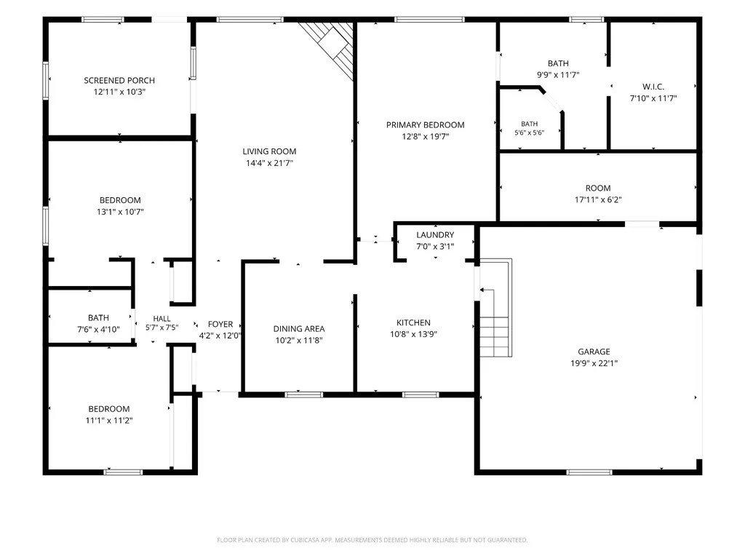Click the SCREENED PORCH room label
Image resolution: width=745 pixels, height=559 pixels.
pos(119,80)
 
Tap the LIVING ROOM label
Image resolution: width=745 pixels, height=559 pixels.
pos(269,151)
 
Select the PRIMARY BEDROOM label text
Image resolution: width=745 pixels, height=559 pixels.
pos(425,125)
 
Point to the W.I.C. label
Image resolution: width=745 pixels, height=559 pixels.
pos(653,87)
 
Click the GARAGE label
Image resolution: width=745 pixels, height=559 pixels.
pos(594,352)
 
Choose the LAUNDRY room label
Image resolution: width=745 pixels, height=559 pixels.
pos(435,235)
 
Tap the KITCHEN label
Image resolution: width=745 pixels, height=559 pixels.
pos(413,322)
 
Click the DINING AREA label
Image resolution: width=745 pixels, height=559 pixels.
pos(299,328)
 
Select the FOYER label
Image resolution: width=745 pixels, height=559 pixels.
pos(220,324)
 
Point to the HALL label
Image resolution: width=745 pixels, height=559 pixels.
pos(162,319)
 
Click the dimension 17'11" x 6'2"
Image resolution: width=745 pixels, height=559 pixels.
pos(598,199)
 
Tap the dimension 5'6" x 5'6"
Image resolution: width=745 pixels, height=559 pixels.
pos(530,132)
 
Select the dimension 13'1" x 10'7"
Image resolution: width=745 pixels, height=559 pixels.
pos(120,212)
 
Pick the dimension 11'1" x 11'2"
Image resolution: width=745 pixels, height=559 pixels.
pos(109,421)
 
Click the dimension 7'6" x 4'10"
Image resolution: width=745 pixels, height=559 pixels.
pos(98,330)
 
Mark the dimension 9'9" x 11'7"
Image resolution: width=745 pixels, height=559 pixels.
pos(558,75)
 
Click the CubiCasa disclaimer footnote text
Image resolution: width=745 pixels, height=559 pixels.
pos(372,540)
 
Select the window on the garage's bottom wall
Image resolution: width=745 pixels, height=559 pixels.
pos(589,472)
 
